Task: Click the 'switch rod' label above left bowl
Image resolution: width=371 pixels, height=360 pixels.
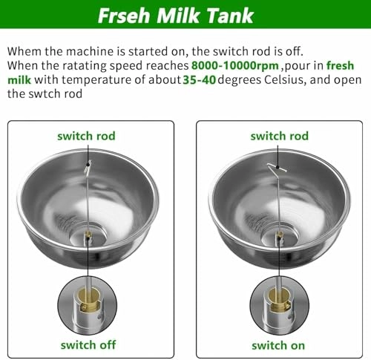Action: click(87, 136)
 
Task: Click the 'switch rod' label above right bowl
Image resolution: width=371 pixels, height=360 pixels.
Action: click(279, 136)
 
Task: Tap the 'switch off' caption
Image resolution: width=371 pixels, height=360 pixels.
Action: click(87, 344)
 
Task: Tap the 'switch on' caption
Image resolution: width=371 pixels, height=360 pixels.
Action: click(279, 344)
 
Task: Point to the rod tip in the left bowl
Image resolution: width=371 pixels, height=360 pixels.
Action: click(87, 168)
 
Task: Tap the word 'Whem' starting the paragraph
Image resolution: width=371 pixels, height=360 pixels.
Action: click(24, 53)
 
